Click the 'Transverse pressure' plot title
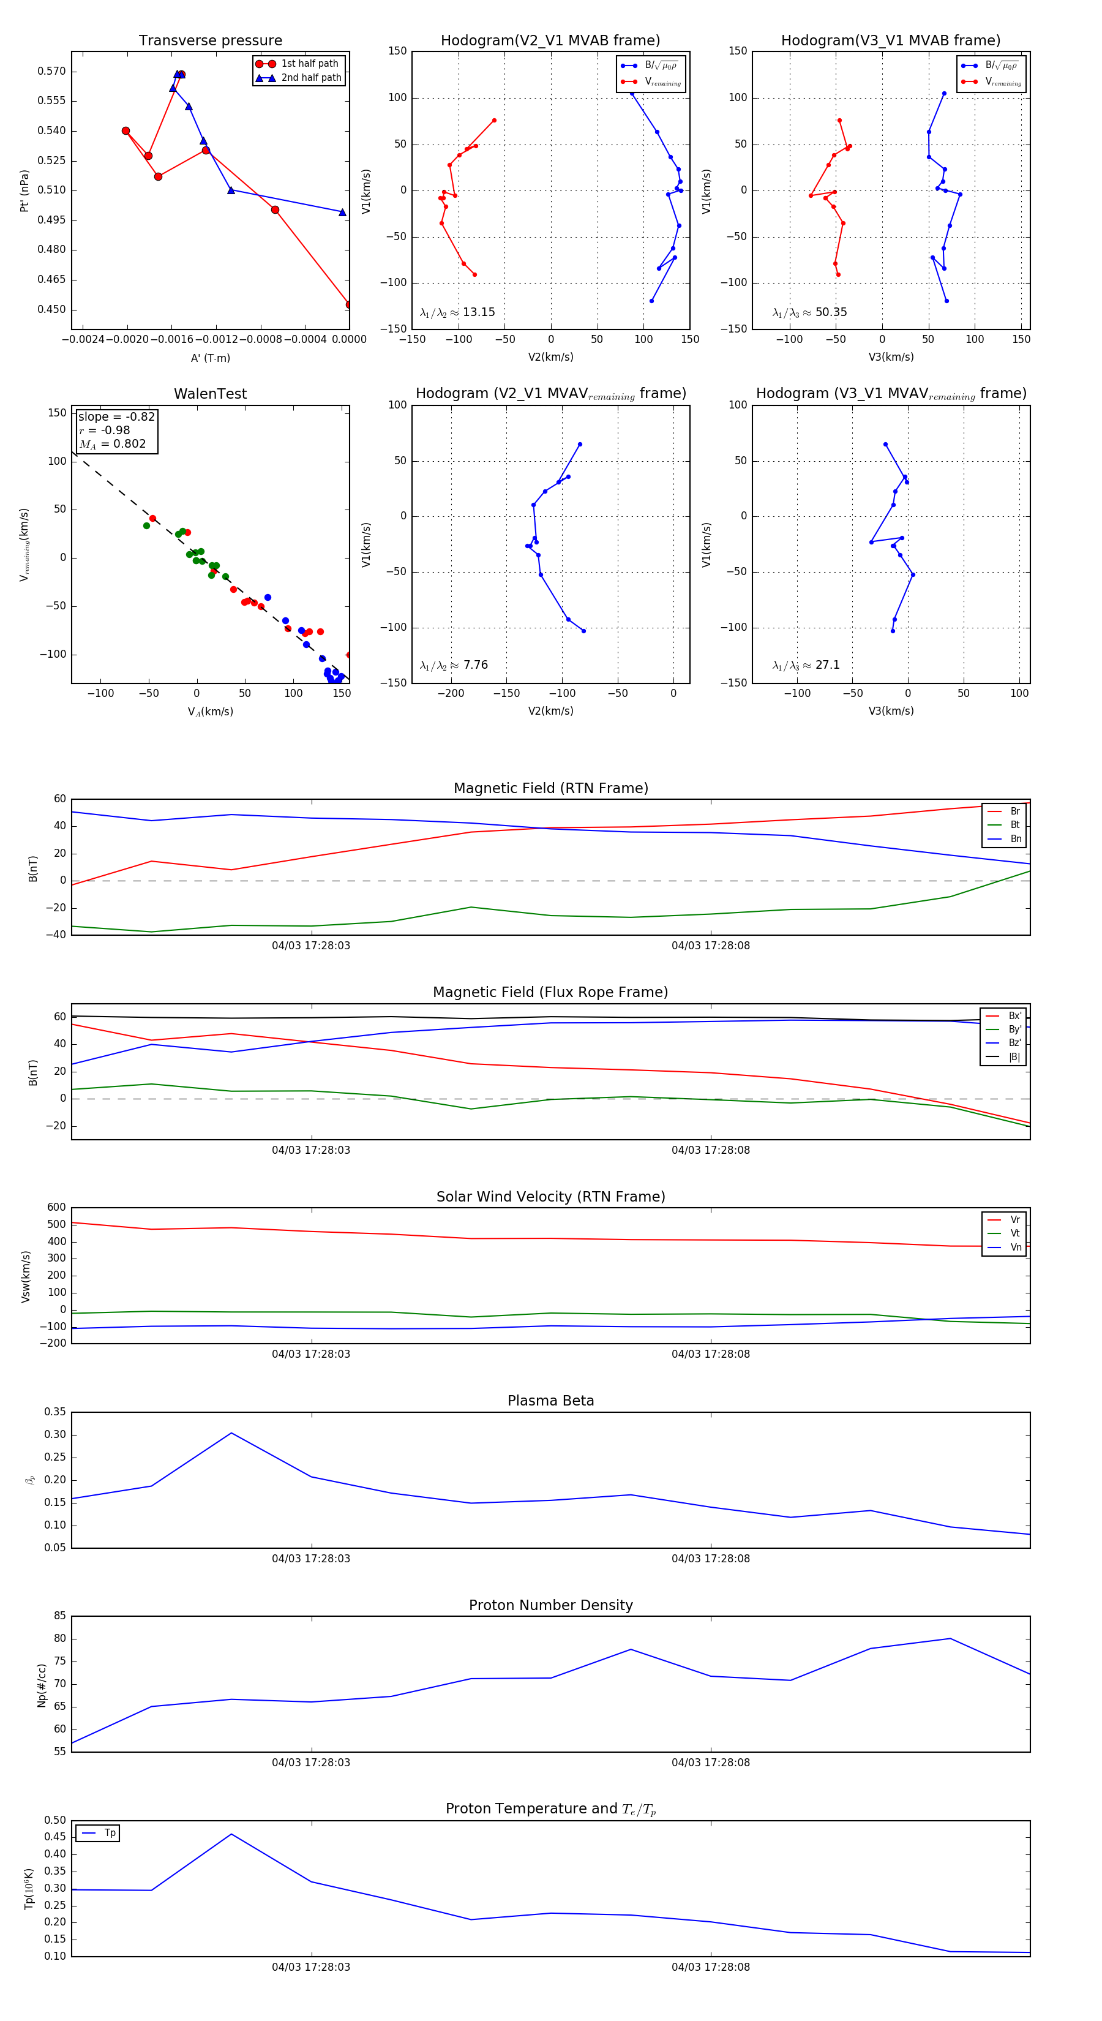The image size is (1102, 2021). coord(210,41)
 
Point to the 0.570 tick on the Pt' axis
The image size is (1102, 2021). coord(52,72)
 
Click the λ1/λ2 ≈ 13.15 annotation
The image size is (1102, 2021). coord(457,312)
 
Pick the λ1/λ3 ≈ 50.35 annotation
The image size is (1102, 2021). coord(809,312)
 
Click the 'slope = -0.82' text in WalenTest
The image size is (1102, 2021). coord(116,416)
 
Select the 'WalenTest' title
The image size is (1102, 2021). coord(210,394)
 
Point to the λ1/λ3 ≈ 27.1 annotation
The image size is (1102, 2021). coord(806,665)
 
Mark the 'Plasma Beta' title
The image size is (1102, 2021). coord(550,1401)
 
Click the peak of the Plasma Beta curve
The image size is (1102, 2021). coord(231,1433)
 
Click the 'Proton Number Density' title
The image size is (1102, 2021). coord(550,1605)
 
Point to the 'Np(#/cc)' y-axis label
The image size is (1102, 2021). coord(42,1685)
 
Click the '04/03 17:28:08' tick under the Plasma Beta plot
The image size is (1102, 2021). coord(711,1559)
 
